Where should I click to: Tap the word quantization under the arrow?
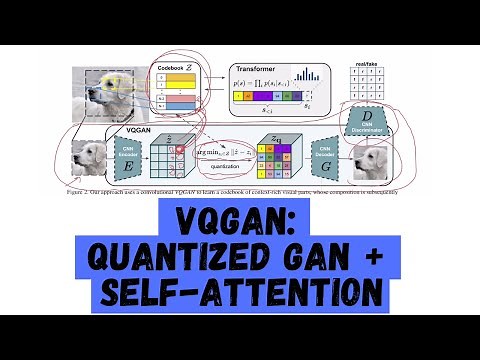pyautogui.click(x=222, y=167)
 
